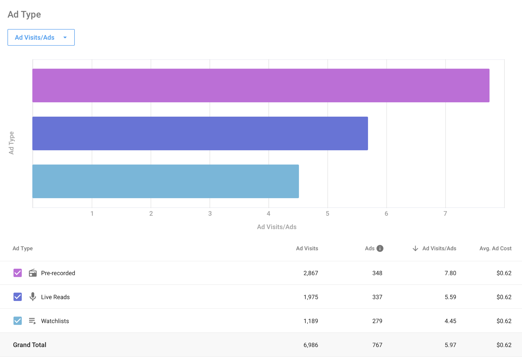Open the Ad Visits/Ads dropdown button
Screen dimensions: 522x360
(x=41, y=37)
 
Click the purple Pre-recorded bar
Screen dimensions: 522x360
(x=261, y=86)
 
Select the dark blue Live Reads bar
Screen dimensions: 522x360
(x=200, y=133)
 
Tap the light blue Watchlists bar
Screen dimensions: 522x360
(x=165, y=181)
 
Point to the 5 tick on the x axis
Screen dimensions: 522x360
(x=327, y=214)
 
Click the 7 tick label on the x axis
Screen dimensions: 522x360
(x=445, y=214)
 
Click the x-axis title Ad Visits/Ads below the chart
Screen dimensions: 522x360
(x=277, y=227)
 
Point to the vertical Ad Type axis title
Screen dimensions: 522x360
(x=11, y=143)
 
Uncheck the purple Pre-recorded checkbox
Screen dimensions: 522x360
(x=18, y=273)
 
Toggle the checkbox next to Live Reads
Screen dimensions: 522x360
(x=18, y=297)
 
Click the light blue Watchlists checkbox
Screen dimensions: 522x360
(x=18, y=321)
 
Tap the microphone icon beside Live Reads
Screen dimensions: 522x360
(x=33, y=297)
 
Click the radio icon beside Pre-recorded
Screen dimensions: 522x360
(x=33, y=273)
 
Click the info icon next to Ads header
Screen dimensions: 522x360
(x=380, y=248)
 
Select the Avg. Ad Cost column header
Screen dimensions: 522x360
(x=496, y=248)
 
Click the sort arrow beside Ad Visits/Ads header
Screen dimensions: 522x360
(x=415, y=248)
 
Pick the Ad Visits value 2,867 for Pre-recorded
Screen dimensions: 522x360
(x=311, y=273)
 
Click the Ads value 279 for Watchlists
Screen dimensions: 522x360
(x=377, y=321)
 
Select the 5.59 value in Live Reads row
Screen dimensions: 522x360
(x=450, y=297)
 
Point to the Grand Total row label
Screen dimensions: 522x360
(x=30, y=345)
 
